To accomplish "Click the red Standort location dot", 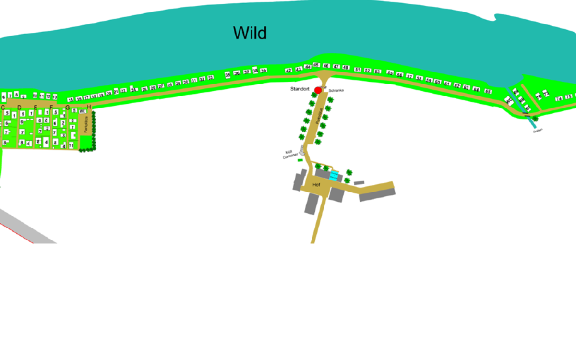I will [x=318, y=90].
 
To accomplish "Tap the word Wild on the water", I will [x=250, y=33].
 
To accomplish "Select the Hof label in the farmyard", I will [x=316, y=185].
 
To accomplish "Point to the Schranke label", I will [x=336, y=90].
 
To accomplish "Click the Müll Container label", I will [x=290, y=154].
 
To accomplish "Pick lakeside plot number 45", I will [x=316, y=65].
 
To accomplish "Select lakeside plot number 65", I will [x=488, y=91].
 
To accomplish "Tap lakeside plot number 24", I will [x=133, y=90].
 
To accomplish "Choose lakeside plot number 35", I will [x=228, y=75].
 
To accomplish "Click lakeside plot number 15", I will [x=71, y=100].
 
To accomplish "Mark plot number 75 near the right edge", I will [x=568, y=97].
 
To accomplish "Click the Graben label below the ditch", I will [x=537, y=130].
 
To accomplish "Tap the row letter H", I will [x=89, y=107].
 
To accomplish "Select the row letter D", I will [x=19, y=107].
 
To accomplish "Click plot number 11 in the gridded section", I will [x=71, y=145].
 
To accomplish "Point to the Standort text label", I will [x=300, y=89].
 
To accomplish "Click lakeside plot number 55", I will [x=390, y=73].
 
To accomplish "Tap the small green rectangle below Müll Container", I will [x=300, y=160].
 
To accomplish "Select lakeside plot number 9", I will [x=23, y=97].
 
